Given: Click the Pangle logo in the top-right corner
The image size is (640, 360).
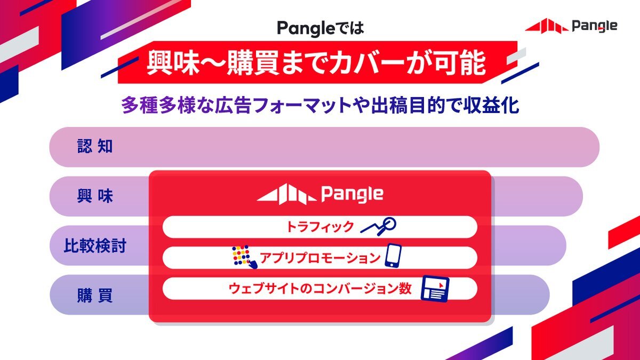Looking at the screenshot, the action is pos(571,26).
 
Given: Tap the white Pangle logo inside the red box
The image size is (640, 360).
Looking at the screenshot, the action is pos(320,194).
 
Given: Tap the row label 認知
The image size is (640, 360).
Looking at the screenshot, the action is pos(95,146).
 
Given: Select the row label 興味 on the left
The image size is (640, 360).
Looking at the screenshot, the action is pos(95,196).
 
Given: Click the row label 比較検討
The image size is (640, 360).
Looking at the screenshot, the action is pos(95,246).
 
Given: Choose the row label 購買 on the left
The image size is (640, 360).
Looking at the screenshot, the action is pos(95,295).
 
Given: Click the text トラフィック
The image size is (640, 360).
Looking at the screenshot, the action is pos(320,227).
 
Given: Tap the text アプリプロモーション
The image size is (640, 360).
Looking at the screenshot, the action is pos(320,258).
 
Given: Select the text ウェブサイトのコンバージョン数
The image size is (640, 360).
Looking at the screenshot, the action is pos(320,289).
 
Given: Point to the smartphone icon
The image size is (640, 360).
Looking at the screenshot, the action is pos(393,255).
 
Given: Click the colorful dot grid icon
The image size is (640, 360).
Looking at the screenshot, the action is pos(244,257).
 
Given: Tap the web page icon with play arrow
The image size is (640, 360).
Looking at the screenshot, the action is pos(435,289).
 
